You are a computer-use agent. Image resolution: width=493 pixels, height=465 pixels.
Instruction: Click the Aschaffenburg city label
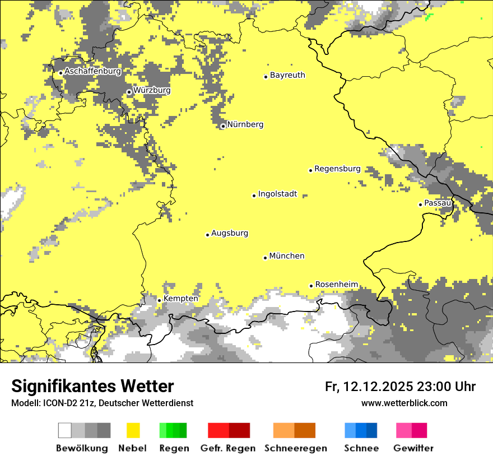(x=92, y=72)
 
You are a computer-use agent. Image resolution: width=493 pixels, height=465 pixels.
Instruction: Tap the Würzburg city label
(x=152, y=90)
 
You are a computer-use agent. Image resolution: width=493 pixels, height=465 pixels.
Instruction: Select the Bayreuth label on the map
(x=287, y=75)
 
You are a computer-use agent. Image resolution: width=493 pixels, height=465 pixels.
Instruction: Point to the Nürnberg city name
(x=245, y=124)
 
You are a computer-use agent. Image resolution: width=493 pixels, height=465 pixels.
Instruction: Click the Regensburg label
(x=337, y=169)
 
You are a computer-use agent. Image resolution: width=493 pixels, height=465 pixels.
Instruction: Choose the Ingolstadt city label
(x=277, y=194)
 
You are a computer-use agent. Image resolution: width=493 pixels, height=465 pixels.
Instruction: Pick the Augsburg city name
(x=230, y=233)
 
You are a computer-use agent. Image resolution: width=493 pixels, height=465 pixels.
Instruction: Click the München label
(x=287, y=256)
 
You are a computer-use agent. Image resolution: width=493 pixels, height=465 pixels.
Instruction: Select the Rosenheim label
(x=337, y=285)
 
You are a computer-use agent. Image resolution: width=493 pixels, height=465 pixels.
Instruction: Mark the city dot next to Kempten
(x=159, y=300)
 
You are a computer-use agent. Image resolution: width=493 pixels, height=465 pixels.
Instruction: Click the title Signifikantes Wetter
(x=92, y=387)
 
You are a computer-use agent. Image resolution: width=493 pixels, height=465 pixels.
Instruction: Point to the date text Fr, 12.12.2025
(x=369, y=387)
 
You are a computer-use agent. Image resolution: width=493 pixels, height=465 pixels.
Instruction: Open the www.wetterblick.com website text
(x=404, y=403)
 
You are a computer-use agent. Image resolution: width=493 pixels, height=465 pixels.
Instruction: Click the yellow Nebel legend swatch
(x=133, y=430)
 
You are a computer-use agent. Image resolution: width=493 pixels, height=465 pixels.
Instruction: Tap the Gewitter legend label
(x=413, y=448)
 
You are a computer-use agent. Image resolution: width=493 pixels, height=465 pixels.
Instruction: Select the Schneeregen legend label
(x=296, y=448)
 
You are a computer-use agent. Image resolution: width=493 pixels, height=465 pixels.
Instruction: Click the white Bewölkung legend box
(x=65, y=430)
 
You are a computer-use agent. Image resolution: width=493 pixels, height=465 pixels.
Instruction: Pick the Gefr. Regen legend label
(x=228, y=448)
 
